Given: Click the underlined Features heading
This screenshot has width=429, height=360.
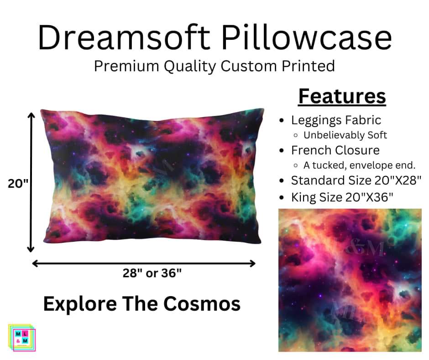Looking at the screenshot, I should tap(342, 96).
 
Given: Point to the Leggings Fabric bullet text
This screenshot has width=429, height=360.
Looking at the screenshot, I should tap(336, 120).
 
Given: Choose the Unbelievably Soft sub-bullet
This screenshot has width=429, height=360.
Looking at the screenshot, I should tap(345, 135).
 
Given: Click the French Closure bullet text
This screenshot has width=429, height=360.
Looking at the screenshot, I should tap(335, 150).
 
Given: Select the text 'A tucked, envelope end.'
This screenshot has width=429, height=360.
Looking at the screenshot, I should tap(360, 165).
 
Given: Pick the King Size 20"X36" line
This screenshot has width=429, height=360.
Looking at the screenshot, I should tap(342, 197).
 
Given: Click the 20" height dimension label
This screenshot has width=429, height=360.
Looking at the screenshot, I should tap(18, 184).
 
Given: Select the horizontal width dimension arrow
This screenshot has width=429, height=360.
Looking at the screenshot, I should tap(144, 263).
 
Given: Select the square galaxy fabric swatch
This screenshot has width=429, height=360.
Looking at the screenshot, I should tap(350, 280).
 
